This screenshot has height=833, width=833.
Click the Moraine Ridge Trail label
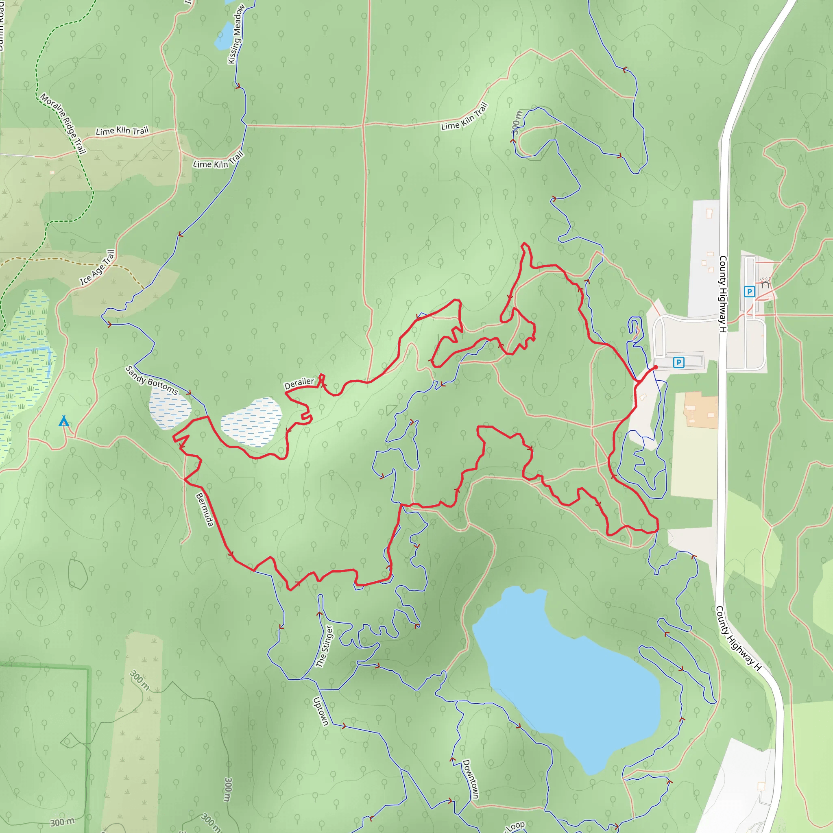pyautogui.click(x=63, y=123)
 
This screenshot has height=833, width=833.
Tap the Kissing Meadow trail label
pyautogui.click(x=236, y=35)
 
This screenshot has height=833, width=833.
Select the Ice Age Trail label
pyautogui.click(x=98, y=268)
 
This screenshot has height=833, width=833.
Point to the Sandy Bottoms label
pyautogui.click(x=151, y=380)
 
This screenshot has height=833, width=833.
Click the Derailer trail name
pyautogui.click(x=299, y=383)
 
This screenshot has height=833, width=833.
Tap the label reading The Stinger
pyautogui.click(x=325, y=646)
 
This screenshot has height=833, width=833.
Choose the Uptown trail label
pyautogui.click(x=321, y=711)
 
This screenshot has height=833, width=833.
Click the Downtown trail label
pyautogui.click(x=471, y=779)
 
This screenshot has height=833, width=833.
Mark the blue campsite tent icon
pyautogui.click(x=64, y=421)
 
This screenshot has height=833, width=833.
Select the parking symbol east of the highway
pyautogui.click(x=749, y=292)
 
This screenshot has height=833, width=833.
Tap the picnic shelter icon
pyautogui.click(x=765, y=282)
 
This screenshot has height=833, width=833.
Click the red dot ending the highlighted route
pyautogui.click(x=655, y=367)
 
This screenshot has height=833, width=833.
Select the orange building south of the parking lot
pyautogui.click(x=701, y=410)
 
